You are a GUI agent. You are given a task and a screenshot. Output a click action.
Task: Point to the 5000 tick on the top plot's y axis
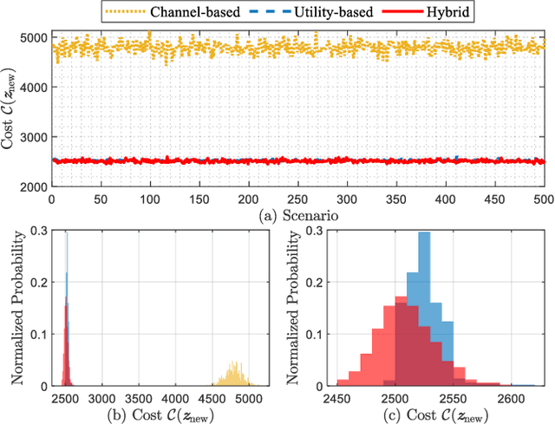click(34, 39)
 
